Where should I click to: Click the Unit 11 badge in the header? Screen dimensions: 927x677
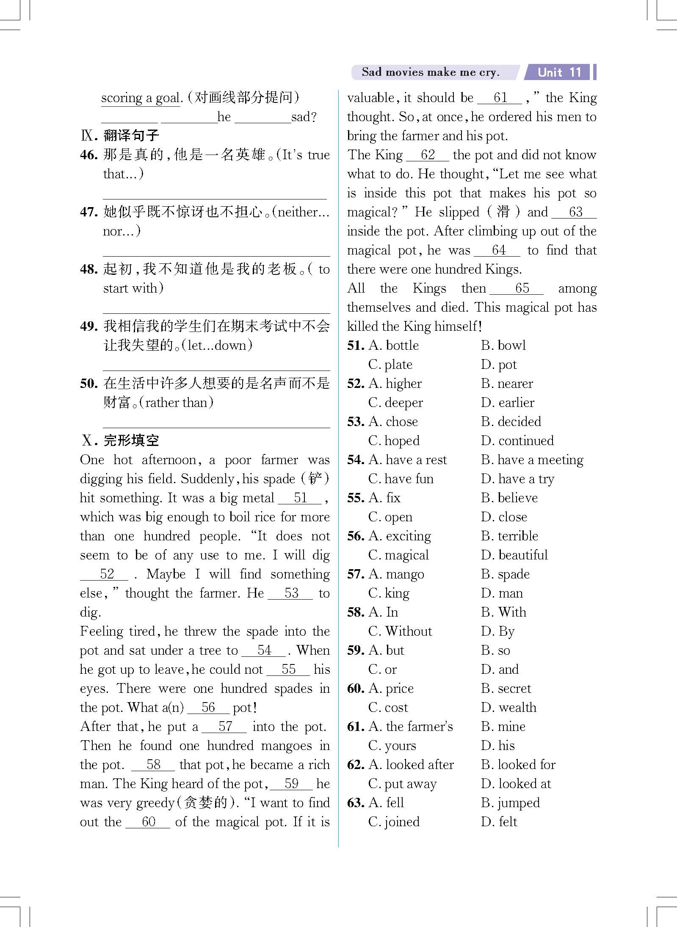558,72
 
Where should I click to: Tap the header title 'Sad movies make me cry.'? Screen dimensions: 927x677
430,72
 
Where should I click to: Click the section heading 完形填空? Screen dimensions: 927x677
131,440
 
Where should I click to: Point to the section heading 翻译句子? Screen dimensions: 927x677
131,136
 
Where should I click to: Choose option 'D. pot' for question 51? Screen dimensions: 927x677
498,365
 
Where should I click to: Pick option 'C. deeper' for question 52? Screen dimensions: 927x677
395,403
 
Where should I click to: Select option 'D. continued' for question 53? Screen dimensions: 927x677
517,441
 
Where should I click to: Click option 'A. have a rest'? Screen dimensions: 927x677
407,460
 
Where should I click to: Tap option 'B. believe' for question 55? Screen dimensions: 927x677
509,498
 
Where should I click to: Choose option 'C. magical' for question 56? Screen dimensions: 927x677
398,555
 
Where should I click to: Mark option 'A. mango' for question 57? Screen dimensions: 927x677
396,574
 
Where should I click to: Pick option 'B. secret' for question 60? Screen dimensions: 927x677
506,689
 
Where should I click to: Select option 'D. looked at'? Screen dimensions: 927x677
516,784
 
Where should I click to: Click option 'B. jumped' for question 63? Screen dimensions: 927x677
510,803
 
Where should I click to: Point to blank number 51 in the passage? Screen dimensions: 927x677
300,498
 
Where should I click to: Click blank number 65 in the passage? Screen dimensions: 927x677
522,288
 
